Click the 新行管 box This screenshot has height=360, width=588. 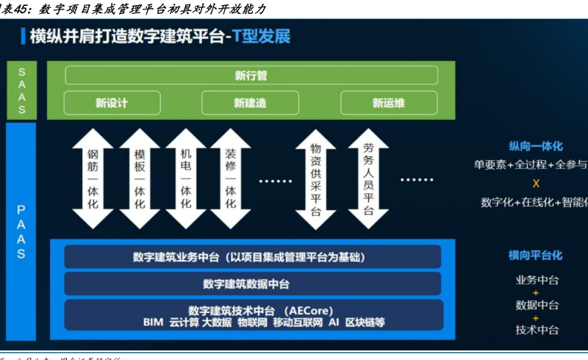[251, 75]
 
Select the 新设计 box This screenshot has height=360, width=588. [112, 103]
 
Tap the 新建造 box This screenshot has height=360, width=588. [251, 103]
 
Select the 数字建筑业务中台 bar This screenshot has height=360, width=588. [251, 257]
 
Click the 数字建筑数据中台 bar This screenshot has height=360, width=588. [251, 284]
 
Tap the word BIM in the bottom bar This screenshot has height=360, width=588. [153, 323]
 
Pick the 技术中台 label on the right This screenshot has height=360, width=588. [537, 330]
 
